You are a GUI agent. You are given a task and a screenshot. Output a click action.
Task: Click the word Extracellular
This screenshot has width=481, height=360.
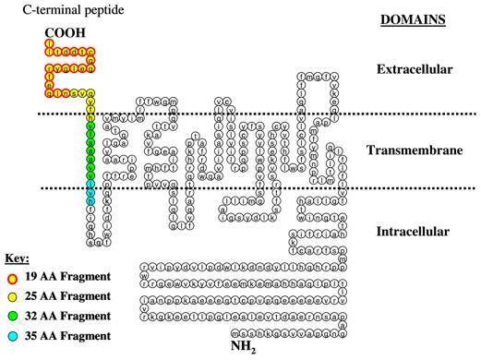(413, 70)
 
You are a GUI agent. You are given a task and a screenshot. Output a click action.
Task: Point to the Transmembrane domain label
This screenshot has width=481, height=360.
(414, 150)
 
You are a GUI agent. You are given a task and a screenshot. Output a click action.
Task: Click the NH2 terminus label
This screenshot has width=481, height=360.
(243, 349)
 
